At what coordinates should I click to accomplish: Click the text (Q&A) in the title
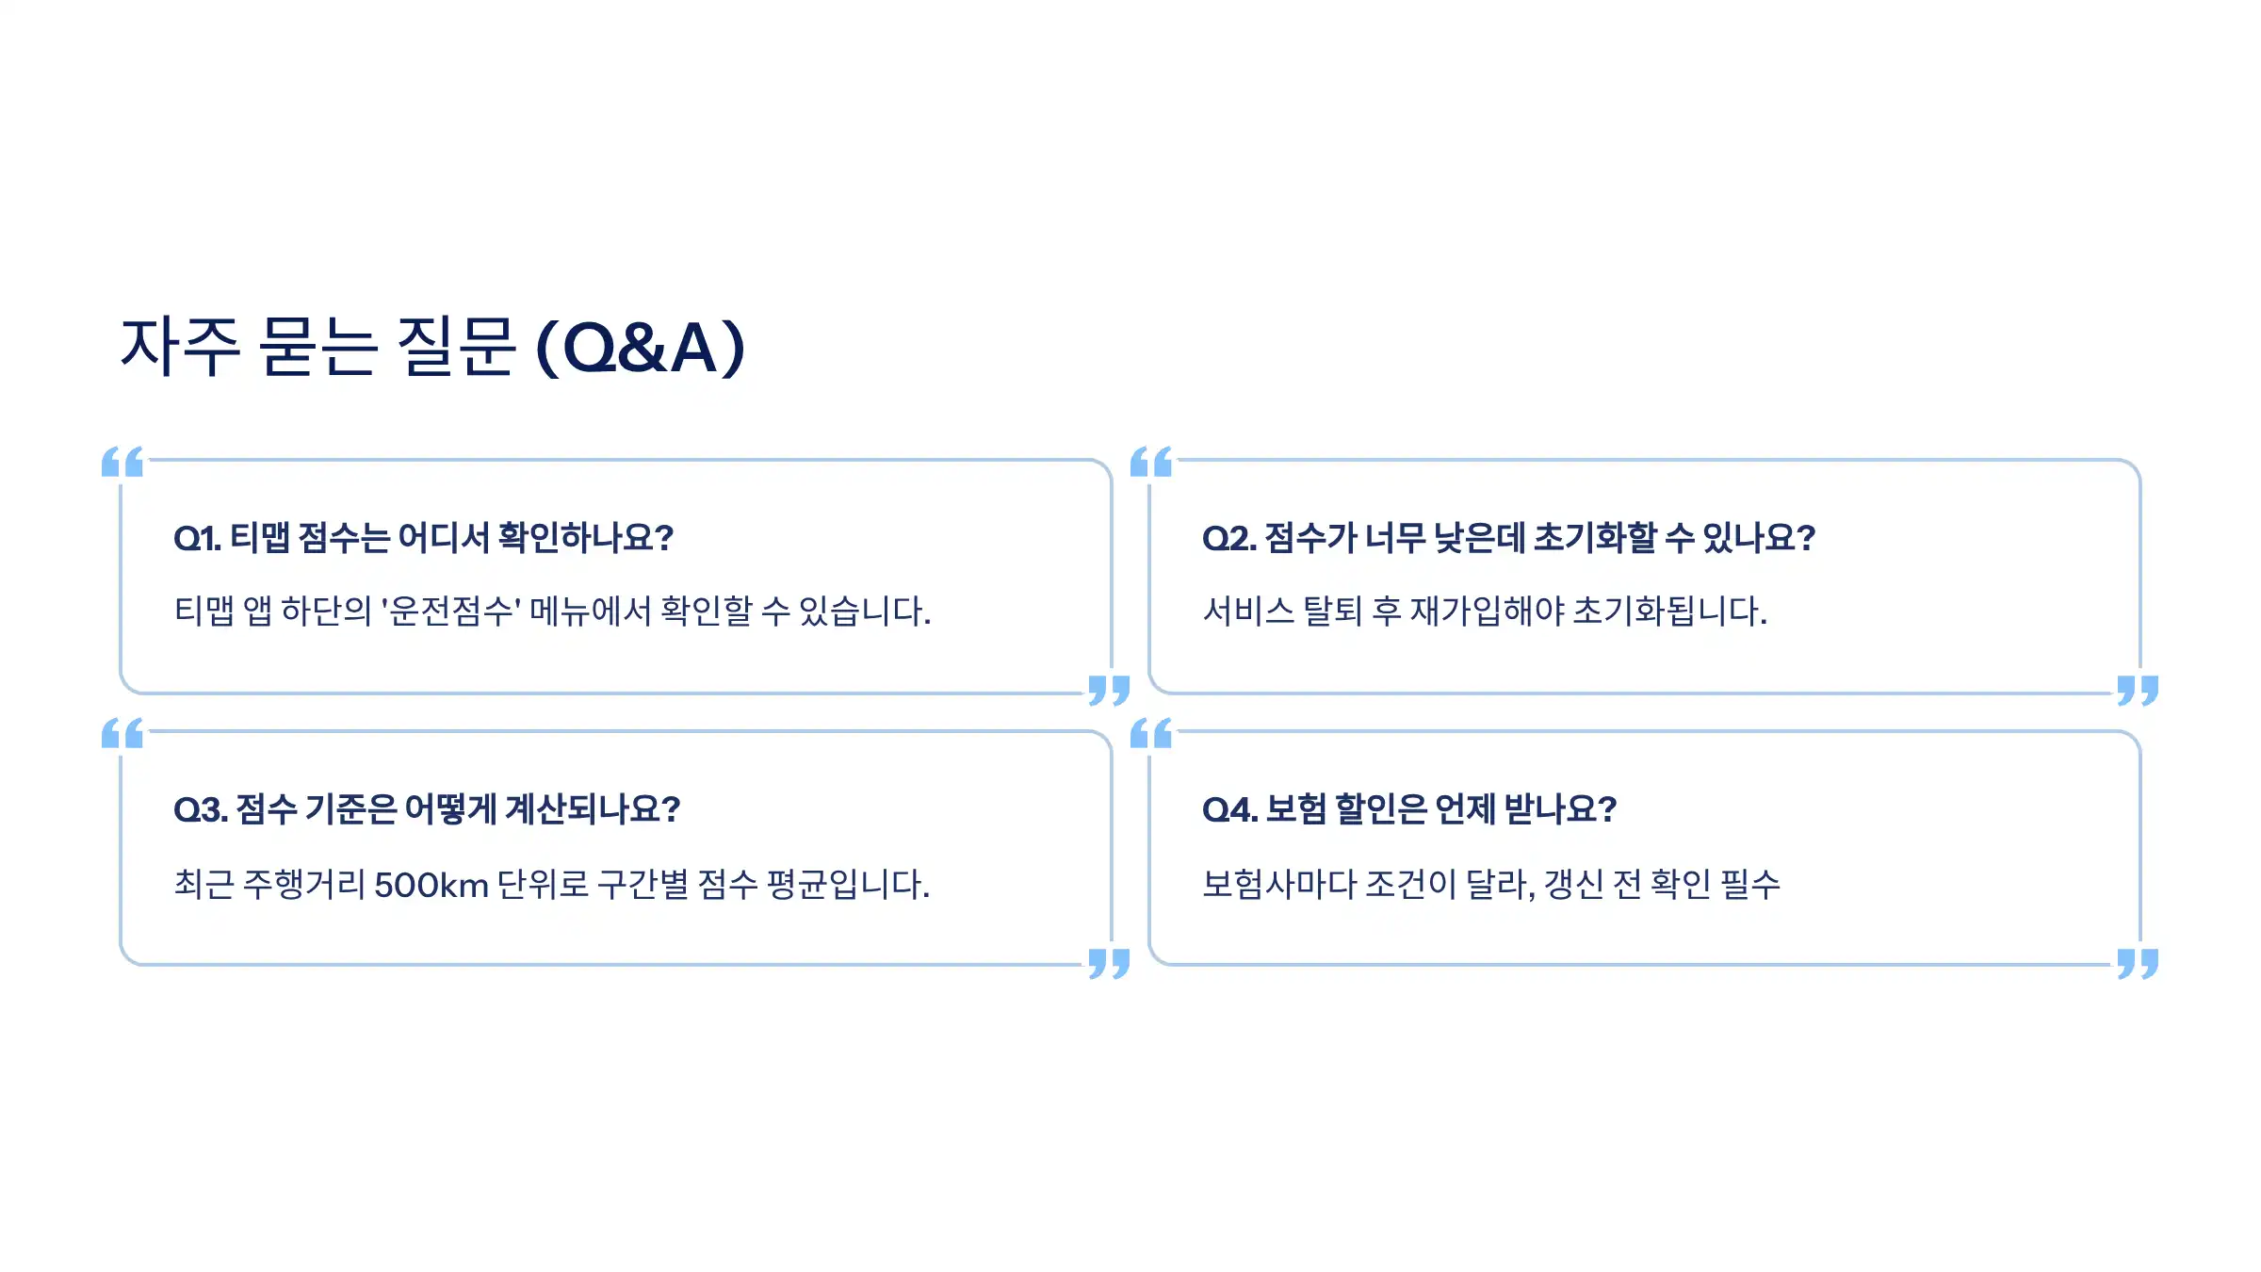click(x=641, y=348)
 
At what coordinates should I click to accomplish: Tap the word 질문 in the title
click(x=456, y=348)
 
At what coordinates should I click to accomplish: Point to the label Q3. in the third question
click(x=201, y=809)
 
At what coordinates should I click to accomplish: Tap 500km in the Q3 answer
click(x=431, y=885)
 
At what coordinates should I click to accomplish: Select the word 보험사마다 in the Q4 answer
click(x=1279, y=884)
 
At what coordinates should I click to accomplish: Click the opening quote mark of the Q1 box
click(x=122, y=462)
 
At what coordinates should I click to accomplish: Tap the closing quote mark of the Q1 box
click(x=1109, y=690)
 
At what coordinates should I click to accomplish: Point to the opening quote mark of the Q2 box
click(x=1151, y=462)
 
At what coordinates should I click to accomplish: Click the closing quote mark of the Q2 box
click(x=2138, y=690)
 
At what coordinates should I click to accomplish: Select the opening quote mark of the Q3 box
click(x=122, y=733)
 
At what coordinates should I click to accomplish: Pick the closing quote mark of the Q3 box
click(x=1109, y=963)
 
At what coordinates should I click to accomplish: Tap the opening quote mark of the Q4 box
click(x=1151, y=733)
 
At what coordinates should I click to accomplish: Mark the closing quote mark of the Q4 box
click(x=2138, y=963)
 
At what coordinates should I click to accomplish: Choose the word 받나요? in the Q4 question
click(x=1560, y=809)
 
